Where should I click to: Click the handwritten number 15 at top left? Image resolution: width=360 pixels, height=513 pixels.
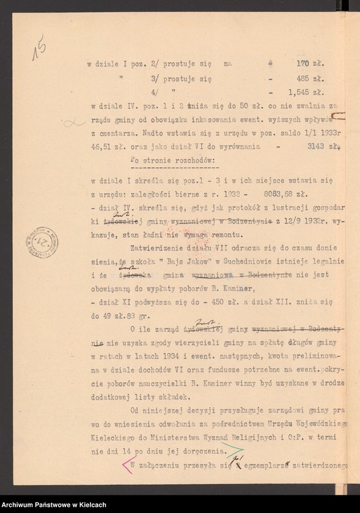pos(41,48)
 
